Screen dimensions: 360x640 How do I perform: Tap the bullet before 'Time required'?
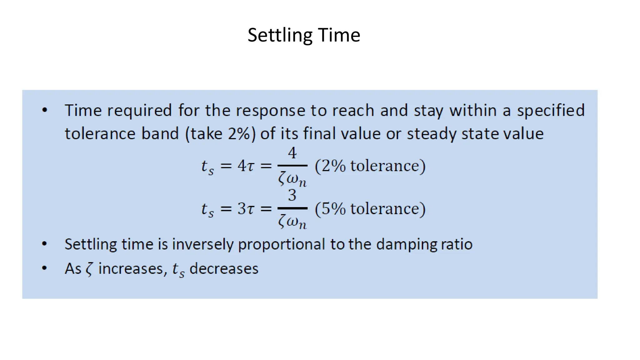tap(45, 110)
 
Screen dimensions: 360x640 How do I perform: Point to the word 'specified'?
tap(551, 111)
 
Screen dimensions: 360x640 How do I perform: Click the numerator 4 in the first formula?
tap(292, 153)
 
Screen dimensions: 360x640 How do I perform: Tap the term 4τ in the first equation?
tap(246, 166)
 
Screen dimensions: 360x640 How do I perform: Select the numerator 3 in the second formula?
tap(292, 195)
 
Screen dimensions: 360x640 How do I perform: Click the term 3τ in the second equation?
tap(246, 208)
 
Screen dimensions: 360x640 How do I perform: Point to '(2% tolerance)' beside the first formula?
tap(370, 166)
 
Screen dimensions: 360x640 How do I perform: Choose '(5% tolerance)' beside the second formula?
tap(370, 208)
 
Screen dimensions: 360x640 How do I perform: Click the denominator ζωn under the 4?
tap(292, 179)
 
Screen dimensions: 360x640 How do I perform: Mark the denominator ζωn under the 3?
tap(292, 222)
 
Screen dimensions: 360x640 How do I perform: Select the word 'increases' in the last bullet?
tap(131, 269)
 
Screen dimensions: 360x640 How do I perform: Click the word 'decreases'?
tap(224, 269)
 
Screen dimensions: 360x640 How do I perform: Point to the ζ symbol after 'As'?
tap(90, 269)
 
